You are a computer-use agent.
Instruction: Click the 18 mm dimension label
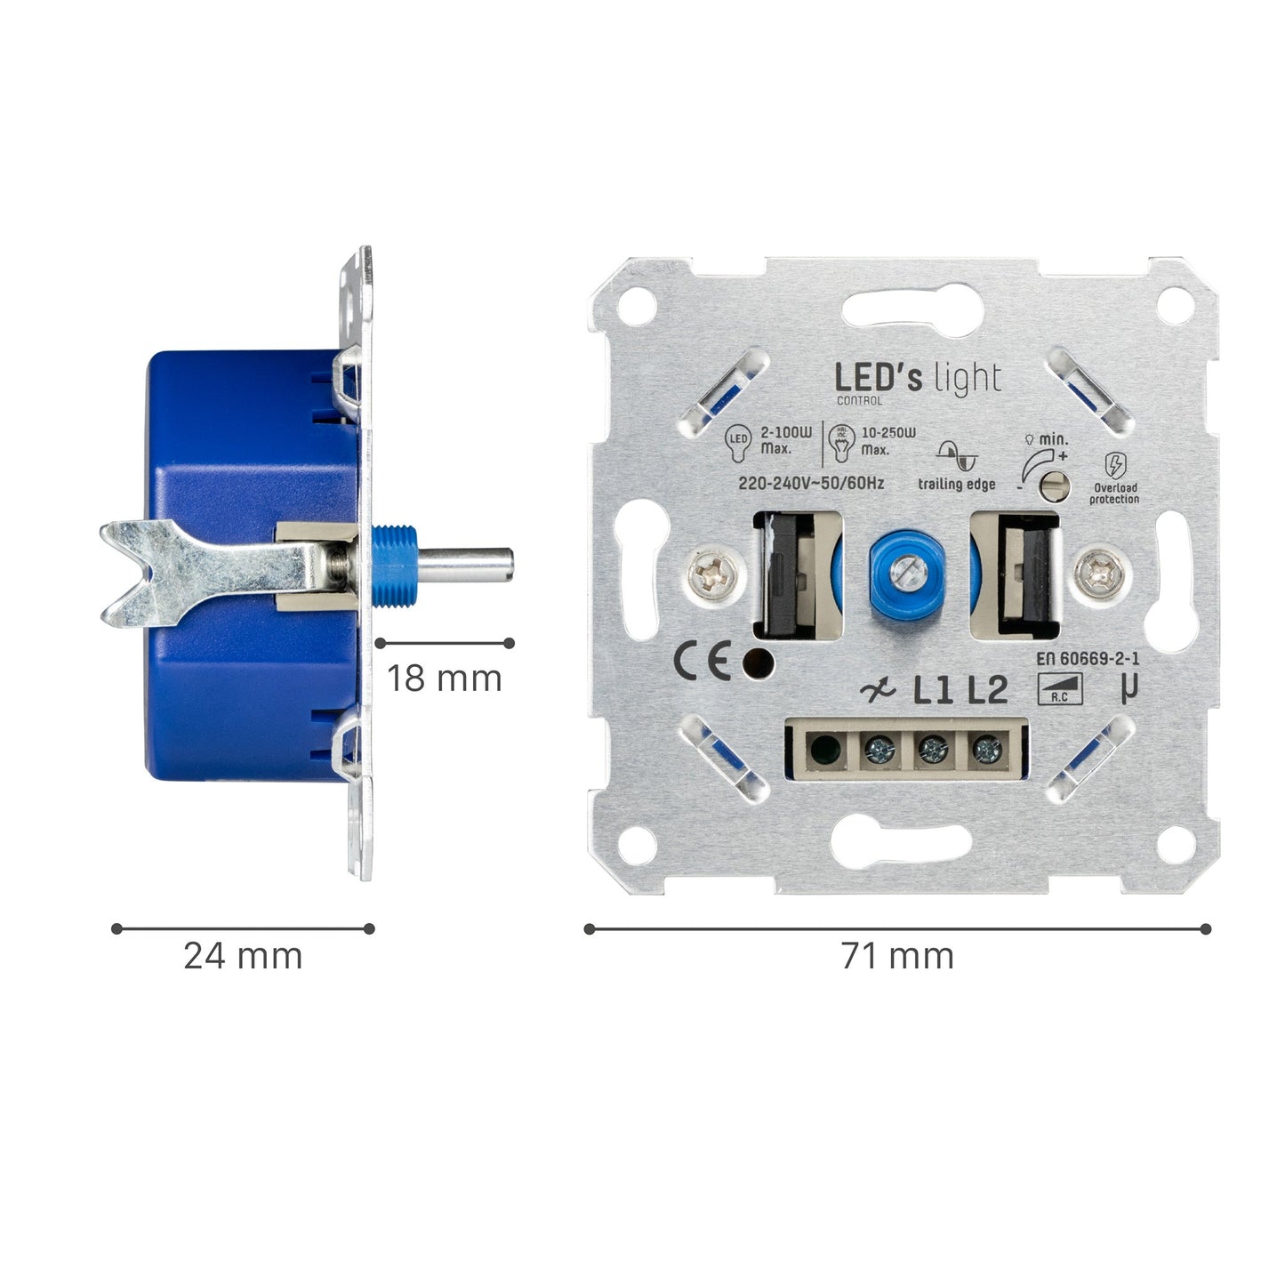(444, 679)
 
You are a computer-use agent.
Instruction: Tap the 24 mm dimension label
(243, 956)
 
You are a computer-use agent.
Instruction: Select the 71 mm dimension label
(897, 956)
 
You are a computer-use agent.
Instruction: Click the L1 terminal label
(934, 690)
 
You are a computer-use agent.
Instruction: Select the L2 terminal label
(987, 690)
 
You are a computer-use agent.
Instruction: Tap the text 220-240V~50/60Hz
(811, 484)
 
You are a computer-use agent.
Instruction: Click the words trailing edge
(956, 485)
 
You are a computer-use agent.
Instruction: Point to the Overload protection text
(1114, 494)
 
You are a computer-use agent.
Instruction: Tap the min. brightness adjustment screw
(1055, 484)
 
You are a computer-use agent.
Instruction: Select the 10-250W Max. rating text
(887, 440)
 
